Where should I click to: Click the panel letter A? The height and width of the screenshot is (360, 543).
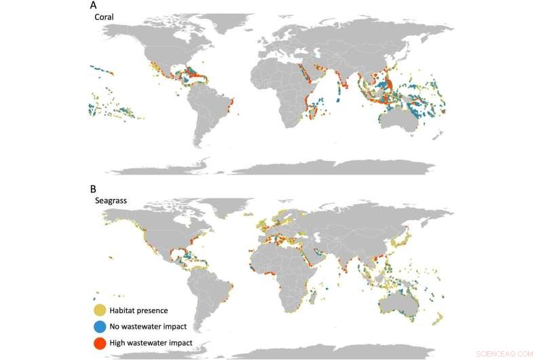94,5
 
